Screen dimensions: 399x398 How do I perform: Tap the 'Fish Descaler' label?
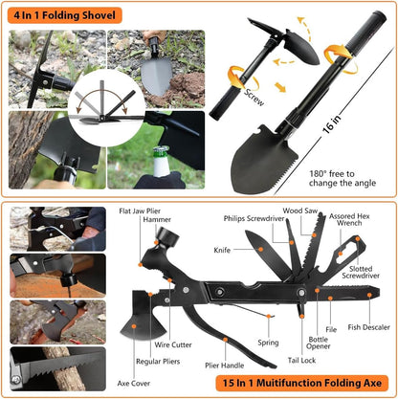367,328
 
